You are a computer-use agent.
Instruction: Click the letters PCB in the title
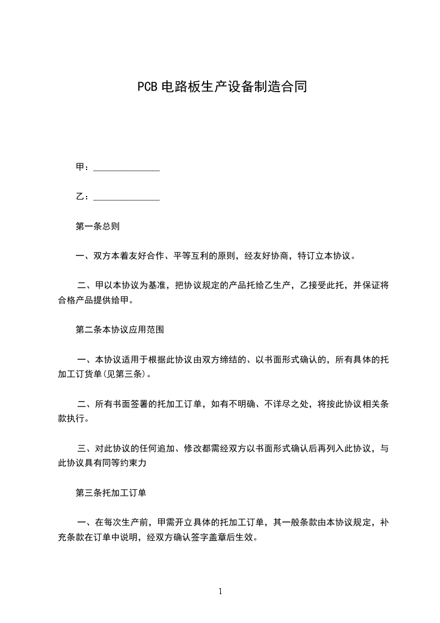(x=147, y=87)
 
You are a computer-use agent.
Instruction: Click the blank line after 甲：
(x=127, y=168)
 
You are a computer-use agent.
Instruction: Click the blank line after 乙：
(x=127, y=197)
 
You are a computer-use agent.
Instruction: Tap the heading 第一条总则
(x=98, y=227)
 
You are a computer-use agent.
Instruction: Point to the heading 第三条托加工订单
(x=111, y=493)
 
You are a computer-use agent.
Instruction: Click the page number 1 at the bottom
(x=220, y=591)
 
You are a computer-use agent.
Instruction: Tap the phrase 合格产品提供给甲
(x=102, y=301)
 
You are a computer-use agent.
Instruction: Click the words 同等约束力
(x=138, y=463)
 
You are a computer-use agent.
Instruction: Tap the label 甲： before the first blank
(x=82, y=168)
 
